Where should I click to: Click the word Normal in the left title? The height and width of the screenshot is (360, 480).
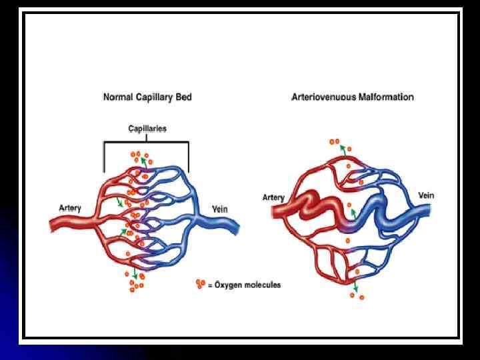point(117,97)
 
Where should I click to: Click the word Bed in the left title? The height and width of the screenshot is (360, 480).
point(183,97)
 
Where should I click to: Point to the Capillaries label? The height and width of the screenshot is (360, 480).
point(147,127)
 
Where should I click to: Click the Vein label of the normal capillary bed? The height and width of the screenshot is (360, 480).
point(219,209)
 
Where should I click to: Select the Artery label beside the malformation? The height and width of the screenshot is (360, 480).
point(273,197)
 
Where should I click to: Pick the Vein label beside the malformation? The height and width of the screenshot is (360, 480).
point(426,195)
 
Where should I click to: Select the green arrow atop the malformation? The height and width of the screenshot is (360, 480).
point(343,151)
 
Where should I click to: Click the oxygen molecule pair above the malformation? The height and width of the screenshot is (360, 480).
point(335,141)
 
